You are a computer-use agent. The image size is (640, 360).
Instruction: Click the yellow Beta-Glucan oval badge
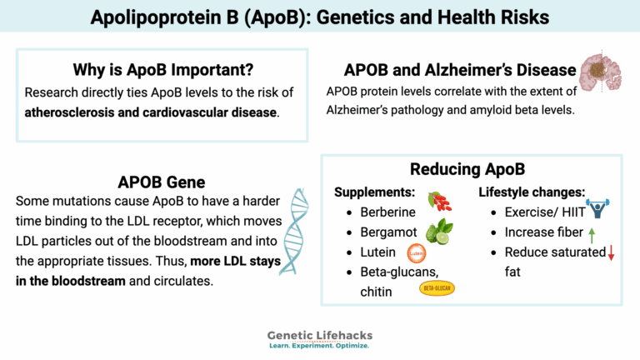[437, 289]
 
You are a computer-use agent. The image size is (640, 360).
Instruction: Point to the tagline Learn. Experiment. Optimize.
[319, 346]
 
